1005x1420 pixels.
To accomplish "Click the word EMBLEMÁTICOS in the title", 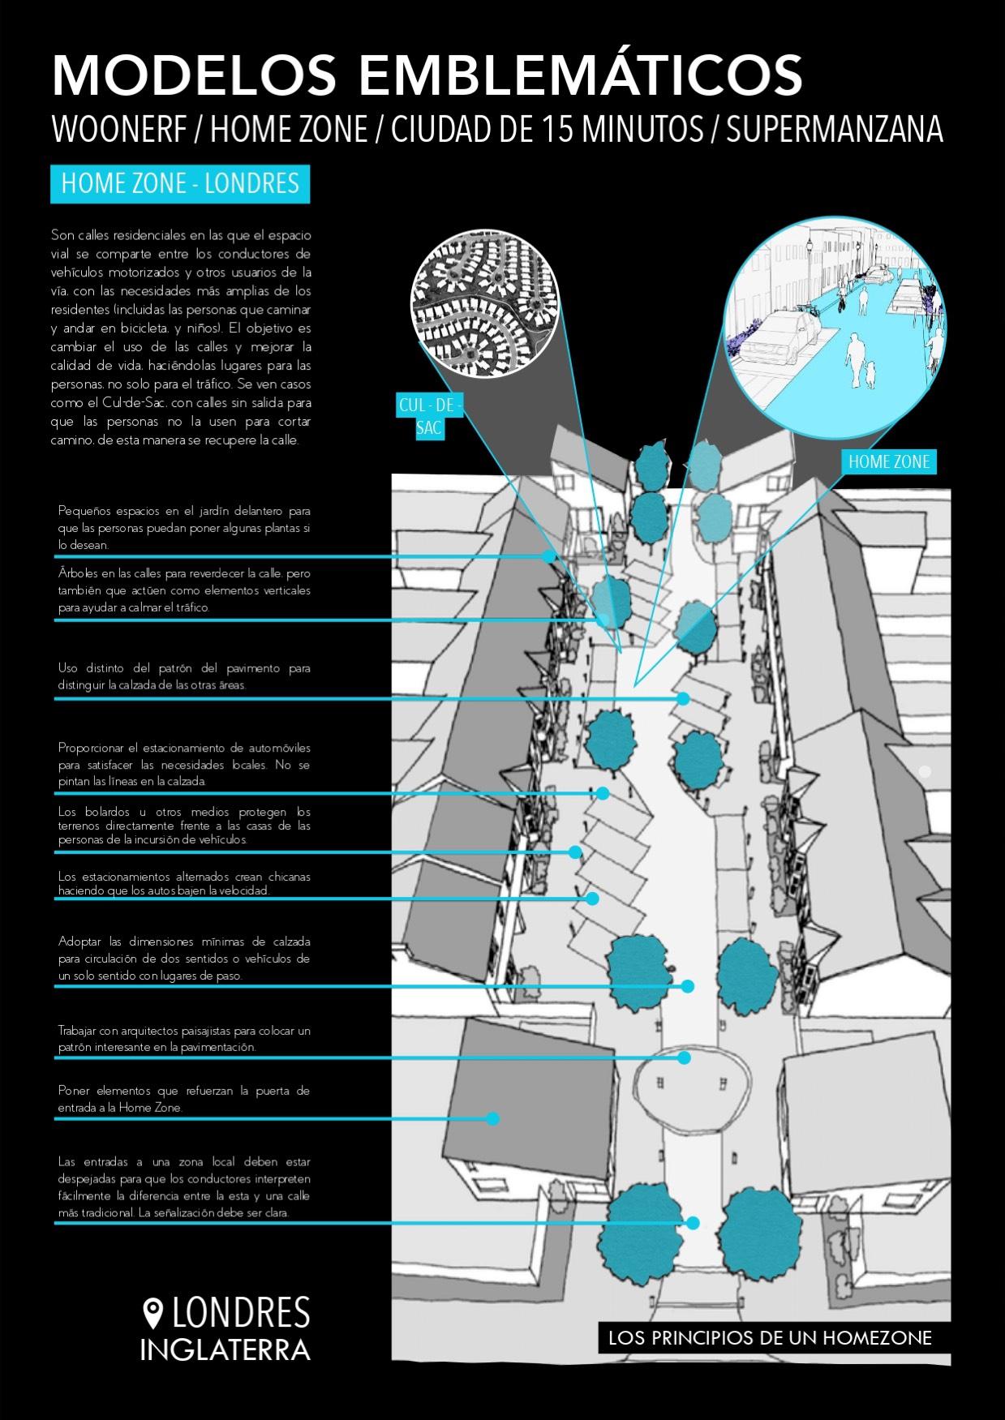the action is point(581,75).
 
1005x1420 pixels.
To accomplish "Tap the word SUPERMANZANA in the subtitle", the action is point(835,129).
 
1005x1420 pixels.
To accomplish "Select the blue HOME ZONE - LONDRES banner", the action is point(180,183).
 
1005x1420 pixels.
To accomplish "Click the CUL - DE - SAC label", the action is point(429,416).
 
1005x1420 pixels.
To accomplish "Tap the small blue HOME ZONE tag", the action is point(889,462).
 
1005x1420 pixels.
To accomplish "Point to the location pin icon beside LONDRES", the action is point(152,1311).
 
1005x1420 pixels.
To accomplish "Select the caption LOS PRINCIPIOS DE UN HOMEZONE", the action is point(770,1337).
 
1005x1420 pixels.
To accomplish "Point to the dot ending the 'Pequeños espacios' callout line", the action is point(549,556).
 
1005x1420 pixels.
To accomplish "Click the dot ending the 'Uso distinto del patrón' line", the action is point(684,698).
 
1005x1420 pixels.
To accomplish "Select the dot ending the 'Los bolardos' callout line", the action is point(575,852).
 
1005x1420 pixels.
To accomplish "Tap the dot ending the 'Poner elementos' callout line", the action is point(492,1118).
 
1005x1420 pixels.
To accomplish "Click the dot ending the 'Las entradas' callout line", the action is point(693,1223).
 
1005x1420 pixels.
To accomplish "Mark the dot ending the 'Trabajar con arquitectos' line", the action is point(684,1057).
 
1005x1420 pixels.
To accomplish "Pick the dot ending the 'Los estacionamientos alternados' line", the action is point(593,899).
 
